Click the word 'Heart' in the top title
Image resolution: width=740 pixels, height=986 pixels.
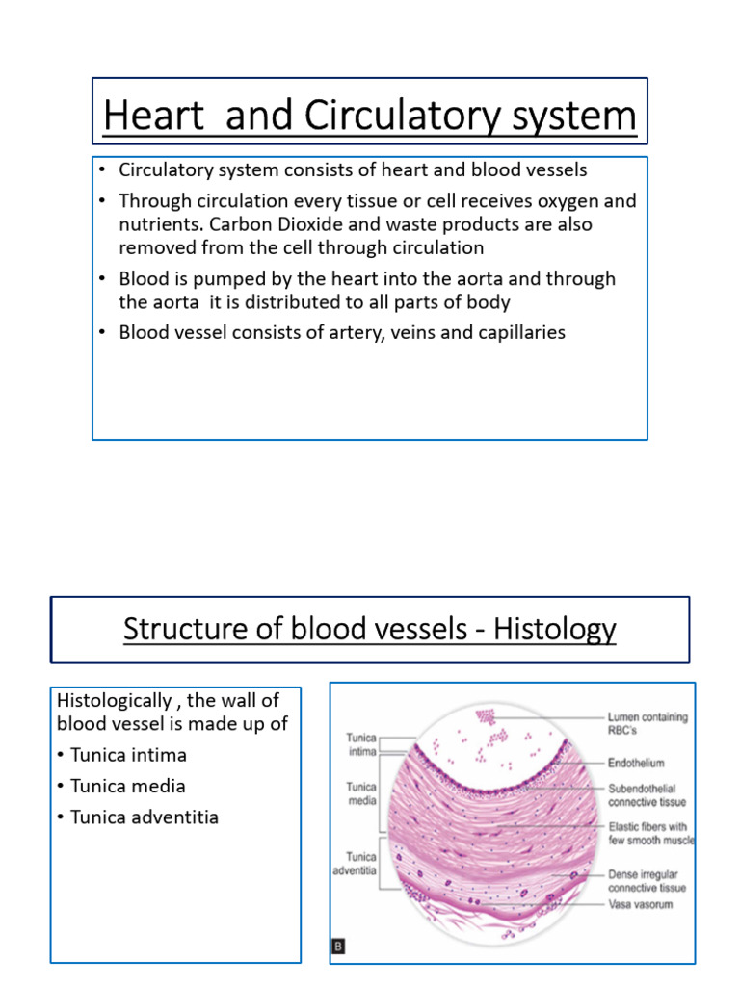coord(143,117)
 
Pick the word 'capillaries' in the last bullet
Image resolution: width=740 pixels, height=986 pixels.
coord(517,332)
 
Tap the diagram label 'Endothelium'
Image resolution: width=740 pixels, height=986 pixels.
coord(636,764)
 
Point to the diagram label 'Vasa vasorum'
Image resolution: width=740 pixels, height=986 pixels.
coord(642,905)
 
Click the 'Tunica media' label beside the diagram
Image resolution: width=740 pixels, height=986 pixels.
coord(361,791)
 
